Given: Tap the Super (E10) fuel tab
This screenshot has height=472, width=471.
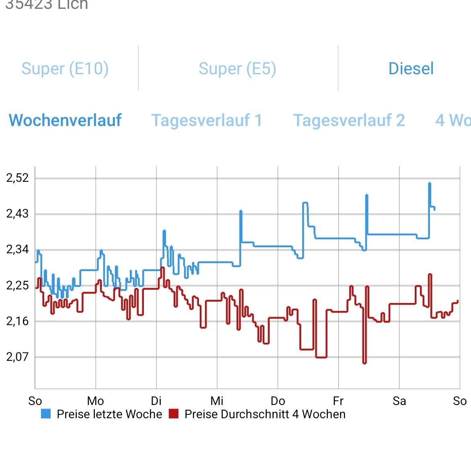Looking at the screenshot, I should (x=65, y=69).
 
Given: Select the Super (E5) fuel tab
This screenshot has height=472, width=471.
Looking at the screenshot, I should (x=237, y=69).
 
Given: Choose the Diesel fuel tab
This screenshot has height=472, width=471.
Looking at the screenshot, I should (x=411, y=69).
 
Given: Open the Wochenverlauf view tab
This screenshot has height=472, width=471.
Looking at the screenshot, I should (x=65, y=120).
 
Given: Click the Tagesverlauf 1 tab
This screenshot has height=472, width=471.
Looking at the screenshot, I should (x=207, y=120).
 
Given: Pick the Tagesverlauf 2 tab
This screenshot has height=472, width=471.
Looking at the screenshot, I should (x=349, y=120).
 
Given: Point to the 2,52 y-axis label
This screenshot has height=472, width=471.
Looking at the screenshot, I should (x=18, y=178).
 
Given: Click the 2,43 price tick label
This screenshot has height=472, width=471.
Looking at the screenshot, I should (x=18, y=214).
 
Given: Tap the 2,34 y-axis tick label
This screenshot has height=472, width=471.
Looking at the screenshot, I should (x=18, y=249).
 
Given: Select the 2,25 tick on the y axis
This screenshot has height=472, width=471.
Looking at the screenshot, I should (x=18, y=285).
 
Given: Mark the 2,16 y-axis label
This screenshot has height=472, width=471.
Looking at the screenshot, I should (x=18, y=321).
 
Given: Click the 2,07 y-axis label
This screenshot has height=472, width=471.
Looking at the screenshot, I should (x=18, y=356).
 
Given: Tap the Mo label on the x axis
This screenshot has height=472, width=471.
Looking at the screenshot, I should (x=96, y=401).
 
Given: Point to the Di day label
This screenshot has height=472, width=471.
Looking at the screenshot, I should (x=156, y=401).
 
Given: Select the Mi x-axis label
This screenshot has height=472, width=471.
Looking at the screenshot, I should (x=217, y=401).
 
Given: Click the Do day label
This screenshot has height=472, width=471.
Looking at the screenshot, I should (x=278, y=401).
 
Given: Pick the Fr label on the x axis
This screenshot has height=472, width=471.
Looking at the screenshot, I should (x=338, y=401).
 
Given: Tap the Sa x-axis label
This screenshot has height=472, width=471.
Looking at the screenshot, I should (x=399, y=401).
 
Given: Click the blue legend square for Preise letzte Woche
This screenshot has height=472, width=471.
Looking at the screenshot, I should (x=46, y=414).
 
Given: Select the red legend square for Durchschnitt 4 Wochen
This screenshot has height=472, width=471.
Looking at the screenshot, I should (x=174, y=414).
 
